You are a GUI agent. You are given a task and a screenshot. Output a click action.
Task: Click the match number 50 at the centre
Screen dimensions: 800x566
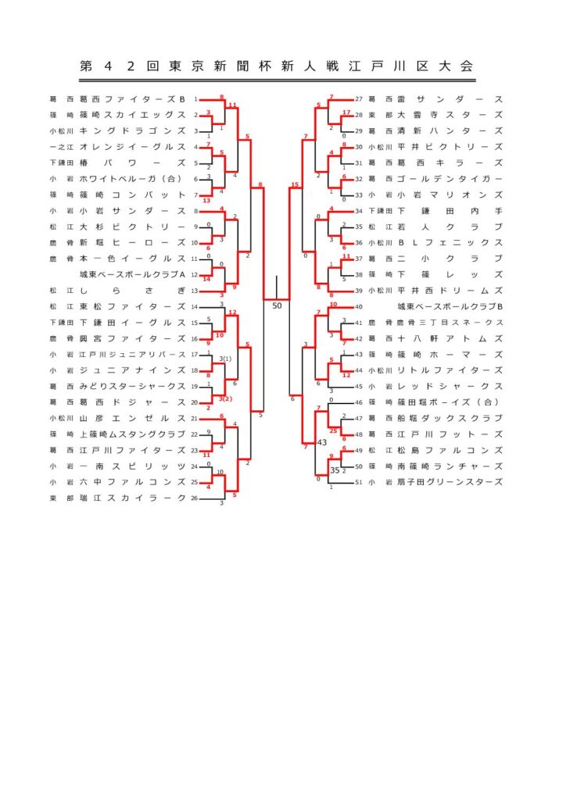coord(277,305)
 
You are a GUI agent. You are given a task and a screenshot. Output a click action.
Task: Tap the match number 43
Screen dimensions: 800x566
coord(321,443)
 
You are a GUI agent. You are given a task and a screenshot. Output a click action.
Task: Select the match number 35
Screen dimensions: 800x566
coord(335,470)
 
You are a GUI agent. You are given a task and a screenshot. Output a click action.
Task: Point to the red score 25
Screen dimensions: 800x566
coord(333,430)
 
